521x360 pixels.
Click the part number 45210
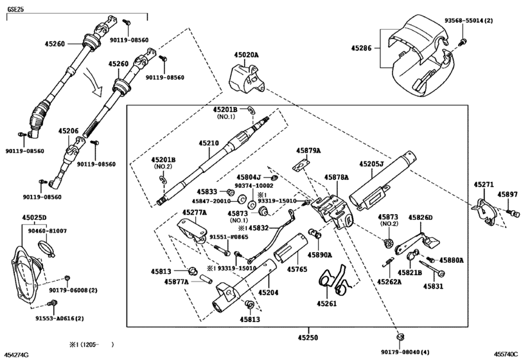pos(209,143)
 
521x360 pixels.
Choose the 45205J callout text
pos(371,164)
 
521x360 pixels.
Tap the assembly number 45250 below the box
pos(307,337)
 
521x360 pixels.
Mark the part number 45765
pos(297,269)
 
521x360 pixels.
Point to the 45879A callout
pos(308,150)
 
